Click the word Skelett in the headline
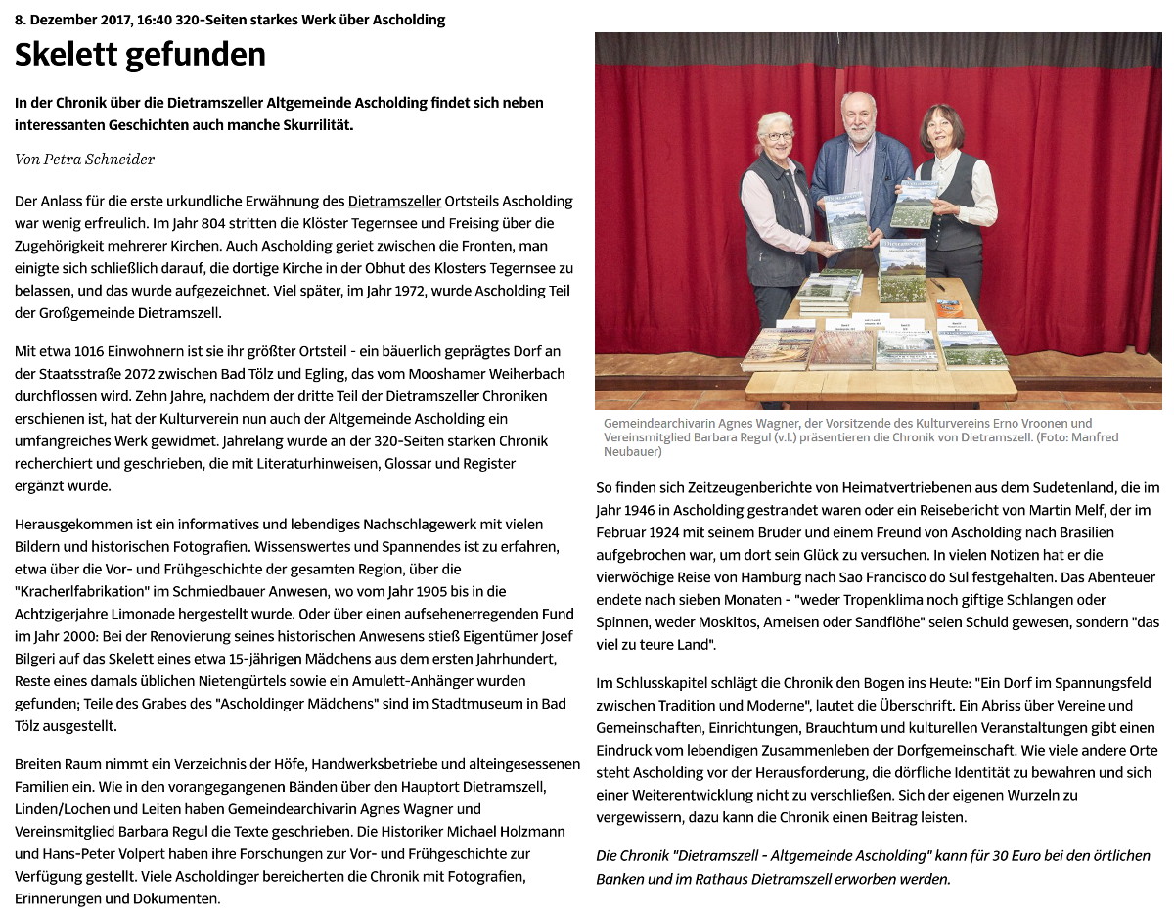coord(71,55)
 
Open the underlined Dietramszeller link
coord(394,201)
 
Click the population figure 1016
coord(98,351)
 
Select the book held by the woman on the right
coord(914,203)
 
